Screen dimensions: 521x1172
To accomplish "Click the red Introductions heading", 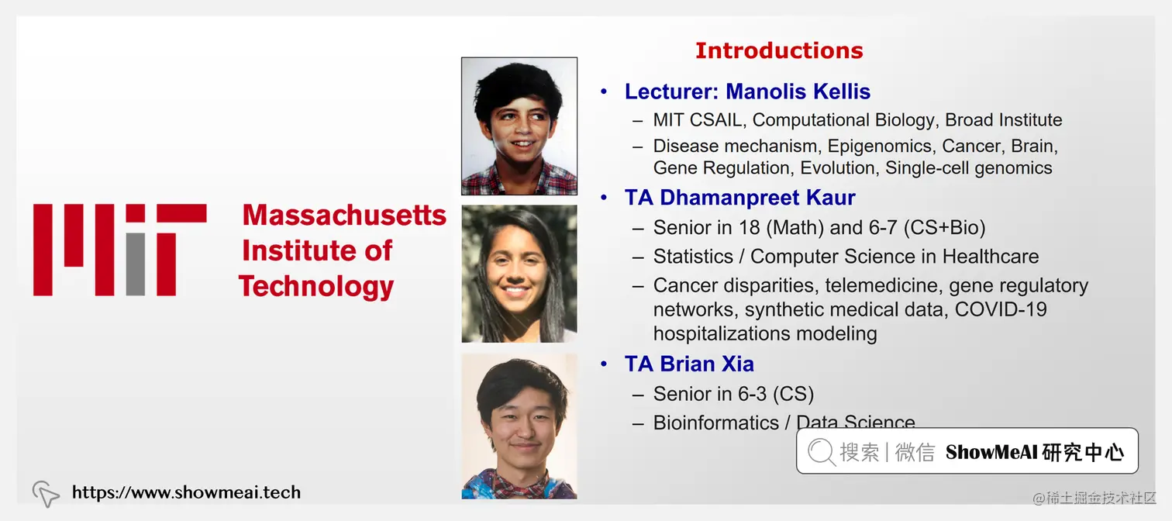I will coord(778,50).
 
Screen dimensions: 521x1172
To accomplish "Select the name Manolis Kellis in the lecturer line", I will coord(798,91).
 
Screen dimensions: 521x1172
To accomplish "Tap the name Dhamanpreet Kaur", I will coord(757,198).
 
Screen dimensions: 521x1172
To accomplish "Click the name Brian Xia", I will coord(707,364).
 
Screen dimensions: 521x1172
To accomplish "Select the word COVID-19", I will coord(1001,309).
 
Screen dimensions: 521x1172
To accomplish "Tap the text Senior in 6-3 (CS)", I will coord(733,394).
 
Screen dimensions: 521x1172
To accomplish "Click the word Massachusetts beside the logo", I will coord(344,215).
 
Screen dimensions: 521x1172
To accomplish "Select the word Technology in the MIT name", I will coord(316,286).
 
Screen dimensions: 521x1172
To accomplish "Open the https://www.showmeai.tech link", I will coord(186,492).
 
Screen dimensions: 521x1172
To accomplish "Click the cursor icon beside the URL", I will coord(46,493).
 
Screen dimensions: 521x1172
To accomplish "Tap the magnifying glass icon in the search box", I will coord(821,451).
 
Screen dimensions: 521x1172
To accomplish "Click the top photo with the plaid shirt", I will coord(519,126).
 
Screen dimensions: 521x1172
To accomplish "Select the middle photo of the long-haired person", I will coord(519,274).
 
